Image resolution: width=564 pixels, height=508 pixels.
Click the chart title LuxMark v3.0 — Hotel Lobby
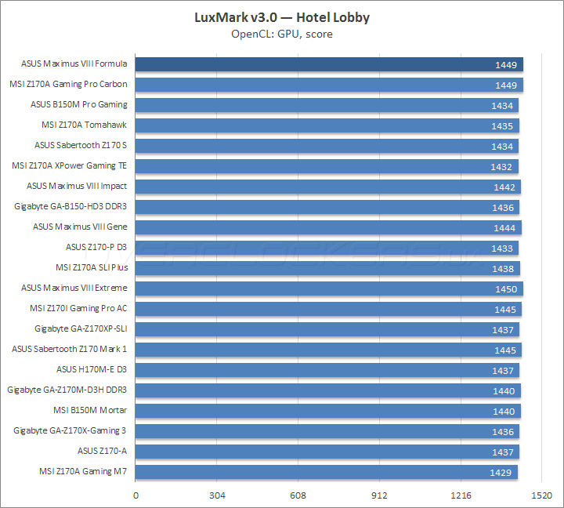pyautogui.click(x=281, y=17)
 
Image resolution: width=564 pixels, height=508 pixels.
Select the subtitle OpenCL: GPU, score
pyautogui.click(x=281, y=34)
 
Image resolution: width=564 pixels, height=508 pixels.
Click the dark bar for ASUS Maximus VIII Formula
pyautogui.click(x=329, y=64)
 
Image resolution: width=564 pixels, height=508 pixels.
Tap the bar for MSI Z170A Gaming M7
pyautogui.click(x=326, y=472)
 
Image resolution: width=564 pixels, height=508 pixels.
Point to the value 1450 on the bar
pyautogui.click(x=505, y=288)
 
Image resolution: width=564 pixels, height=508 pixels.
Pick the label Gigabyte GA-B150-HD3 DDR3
pyautogui.click(x=70, y=206)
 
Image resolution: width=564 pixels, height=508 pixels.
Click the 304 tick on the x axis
pyautogui.click(x=217, y=495)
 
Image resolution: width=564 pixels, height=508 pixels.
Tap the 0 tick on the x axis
pyautogui.click(x=136, y=495)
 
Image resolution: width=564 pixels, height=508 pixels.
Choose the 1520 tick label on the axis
pyautogui.click(x=542, y=495)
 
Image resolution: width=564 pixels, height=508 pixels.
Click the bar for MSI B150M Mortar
pyautogui.click(x=327, y=411)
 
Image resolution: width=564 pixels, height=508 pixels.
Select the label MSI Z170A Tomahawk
pyautogui.click(x=84, y=125)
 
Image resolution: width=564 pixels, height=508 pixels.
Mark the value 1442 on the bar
pyautogui.click(x=504, y=187)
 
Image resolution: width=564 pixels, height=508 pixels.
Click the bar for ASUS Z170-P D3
pyautogui.click(x=327, y=248)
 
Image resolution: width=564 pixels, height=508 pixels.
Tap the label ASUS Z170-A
pyautogui.click(x=102, y=451)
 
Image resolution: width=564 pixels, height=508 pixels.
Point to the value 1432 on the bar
pyautogui.click(x=501, y=166)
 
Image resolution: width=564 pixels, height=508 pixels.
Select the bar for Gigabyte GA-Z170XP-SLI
pyautogui.click(x=327, y=329)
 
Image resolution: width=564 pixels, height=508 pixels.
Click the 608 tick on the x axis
pyautogui.click(x=298, y=495)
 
